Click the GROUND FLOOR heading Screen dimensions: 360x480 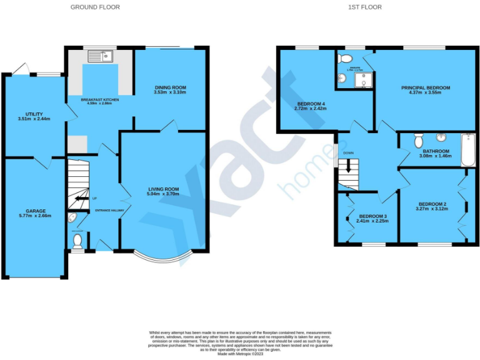(95, 7)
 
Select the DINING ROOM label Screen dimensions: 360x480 (170, 87)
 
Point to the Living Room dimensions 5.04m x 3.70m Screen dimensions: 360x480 (163, 194)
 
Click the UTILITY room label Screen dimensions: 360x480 (34, 113)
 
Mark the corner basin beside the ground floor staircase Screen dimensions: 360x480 (72, 219)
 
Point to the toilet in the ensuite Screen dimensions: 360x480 (344, 59)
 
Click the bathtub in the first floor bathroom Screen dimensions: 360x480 (467, 149)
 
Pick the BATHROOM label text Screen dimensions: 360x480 (436, 151)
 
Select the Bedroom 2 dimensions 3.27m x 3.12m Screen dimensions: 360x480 (432, 209)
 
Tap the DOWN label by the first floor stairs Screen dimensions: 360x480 (348, 152)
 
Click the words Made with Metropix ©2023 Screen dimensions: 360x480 (240, 354)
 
